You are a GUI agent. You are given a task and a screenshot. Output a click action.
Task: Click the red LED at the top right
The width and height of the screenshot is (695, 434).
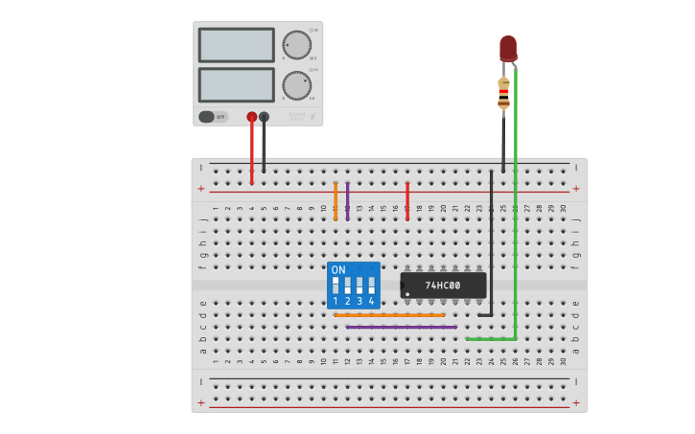coord(508,48)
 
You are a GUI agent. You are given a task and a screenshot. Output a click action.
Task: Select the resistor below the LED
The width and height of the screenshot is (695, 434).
coord(503,93)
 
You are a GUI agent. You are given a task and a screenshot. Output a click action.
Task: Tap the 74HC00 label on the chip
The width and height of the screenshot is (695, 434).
coord(443,286)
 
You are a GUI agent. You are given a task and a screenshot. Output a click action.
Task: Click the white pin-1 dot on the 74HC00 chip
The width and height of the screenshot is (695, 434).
coord(406,293)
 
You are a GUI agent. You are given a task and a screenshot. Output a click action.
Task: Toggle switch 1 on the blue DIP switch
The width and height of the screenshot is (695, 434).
coord(336,286)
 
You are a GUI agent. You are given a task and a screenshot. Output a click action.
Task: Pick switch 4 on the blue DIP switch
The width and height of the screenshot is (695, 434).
coord(371,286)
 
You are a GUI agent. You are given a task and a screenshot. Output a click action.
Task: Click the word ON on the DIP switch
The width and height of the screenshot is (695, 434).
coord(338,270)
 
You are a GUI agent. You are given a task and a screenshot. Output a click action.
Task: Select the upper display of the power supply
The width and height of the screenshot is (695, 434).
coord(236,45)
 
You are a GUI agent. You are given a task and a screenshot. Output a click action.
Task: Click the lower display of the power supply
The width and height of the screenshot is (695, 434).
coord(236,84)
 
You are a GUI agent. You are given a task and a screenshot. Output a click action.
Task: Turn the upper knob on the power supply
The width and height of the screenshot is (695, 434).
coord(296,46)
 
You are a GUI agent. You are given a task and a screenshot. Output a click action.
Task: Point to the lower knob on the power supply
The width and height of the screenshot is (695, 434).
coord(296,85)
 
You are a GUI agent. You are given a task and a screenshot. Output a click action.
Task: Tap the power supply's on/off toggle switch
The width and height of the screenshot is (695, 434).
coord(213,117)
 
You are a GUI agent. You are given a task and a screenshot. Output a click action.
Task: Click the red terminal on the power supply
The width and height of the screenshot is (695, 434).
coord(252,117)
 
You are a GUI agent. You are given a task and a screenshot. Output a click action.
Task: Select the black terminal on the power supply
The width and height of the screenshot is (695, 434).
coord(265,117)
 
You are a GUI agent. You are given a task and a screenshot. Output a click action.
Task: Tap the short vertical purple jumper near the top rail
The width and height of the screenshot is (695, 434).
coord(347,201)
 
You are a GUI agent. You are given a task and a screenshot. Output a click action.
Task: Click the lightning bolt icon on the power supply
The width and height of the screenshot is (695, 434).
coord(312,117)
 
